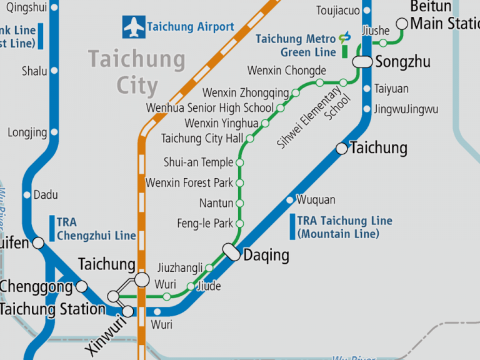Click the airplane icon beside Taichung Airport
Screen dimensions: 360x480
click(x=134, y=27)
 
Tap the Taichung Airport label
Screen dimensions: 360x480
click(x=191, y=27)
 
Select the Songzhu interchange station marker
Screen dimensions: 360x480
click(x=361, y=62)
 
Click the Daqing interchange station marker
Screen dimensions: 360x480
click(x=232, y=252)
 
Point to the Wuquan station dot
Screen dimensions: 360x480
click(x=289, y=200)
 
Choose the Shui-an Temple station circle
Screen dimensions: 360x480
click(x=239, y=162)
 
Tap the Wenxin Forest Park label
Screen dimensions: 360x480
click(x=189, y=183)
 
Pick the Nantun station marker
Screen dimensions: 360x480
click(x=239, y=203)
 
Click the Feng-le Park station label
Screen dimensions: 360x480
click(x=205, y=223)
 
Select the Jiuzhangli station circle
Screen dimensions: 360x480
click(x=209, y=267)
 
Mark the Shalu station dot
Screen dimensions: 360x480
click(x=54, y=71)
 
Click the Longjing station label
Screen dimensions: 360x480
click(x=27, y=132)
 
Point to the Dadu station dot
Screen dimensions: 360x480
click(x=26, y=195)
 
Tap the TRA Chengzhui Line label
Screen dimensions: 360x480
click(x=96, y=229)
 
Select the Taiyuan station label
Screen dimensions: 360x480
click(x=391, y=89)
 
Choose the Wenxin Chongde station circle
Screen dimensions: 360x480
click(x=319, y=82)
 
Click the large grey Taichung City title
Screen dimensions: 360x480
click(x=137, y=72)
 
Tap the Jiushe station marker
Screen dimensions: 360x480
click(x=383, y=43)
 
